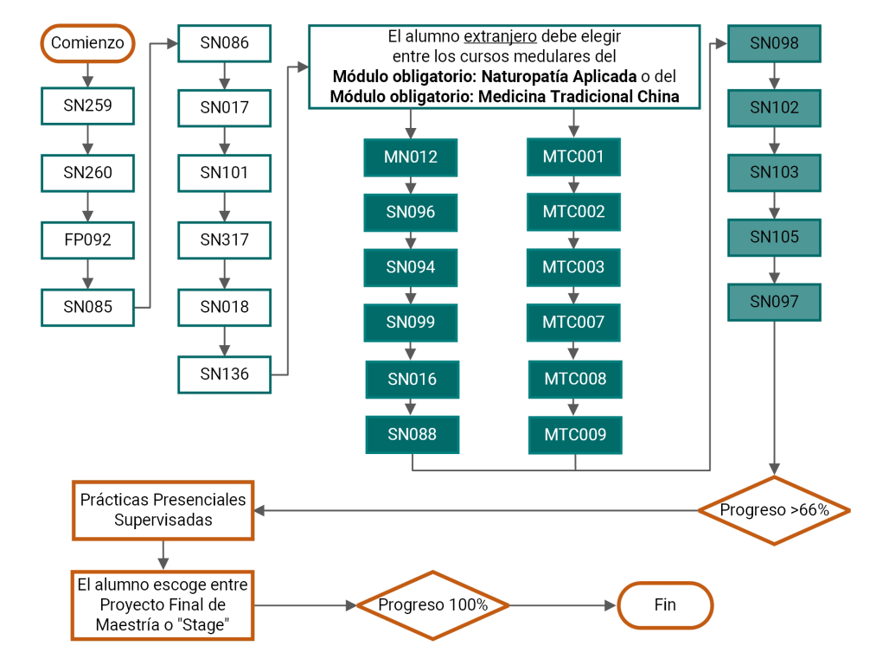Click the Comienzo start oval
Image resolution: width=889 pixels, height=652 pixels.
pos(87,43)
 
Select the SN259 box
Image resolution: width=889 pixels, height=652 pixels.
pos(87,106)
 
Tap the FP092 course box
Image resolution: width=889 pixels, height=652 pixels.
pos(87,240)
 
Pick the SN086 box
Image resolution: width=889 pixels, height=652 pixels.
pos(225,43)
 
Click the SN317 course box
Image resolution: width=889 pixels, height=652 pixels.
pos(225,240)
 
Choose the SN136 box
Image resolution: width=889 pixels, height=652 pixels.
pos(225,374)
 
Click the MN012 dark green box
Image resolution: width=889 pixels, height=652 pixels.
pos(411,157)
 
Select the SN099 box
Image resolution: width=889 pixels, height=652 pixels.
pos(411,323)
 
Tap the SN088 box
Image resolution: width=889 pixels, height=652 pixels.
pos(413,436)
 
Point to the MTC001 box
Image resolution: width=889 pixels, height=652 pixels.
pos(573,157)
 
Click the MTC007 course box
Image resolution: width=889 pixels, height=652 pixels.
pos(573,323)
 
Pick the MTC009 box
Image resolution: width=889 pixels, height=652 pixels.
pos(575,436)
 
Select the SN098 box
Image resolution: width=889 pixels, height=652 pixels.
pos(775,43)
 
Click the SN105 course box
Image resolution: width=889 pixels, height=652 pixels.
pos(775,238)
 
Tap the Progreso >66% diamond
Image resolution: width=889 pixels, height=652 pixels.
pos(775,511)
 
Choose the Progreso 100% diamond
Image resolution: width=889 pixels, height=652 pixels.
pos(433,605)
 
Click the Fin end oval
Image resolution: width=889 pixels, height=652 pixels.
pos(665,605)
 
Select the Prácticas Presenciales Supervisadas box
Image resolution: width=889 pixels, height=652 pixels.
pos(163,510)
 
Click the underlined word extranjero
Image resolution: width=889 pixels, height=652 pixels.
pos(500,37)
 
